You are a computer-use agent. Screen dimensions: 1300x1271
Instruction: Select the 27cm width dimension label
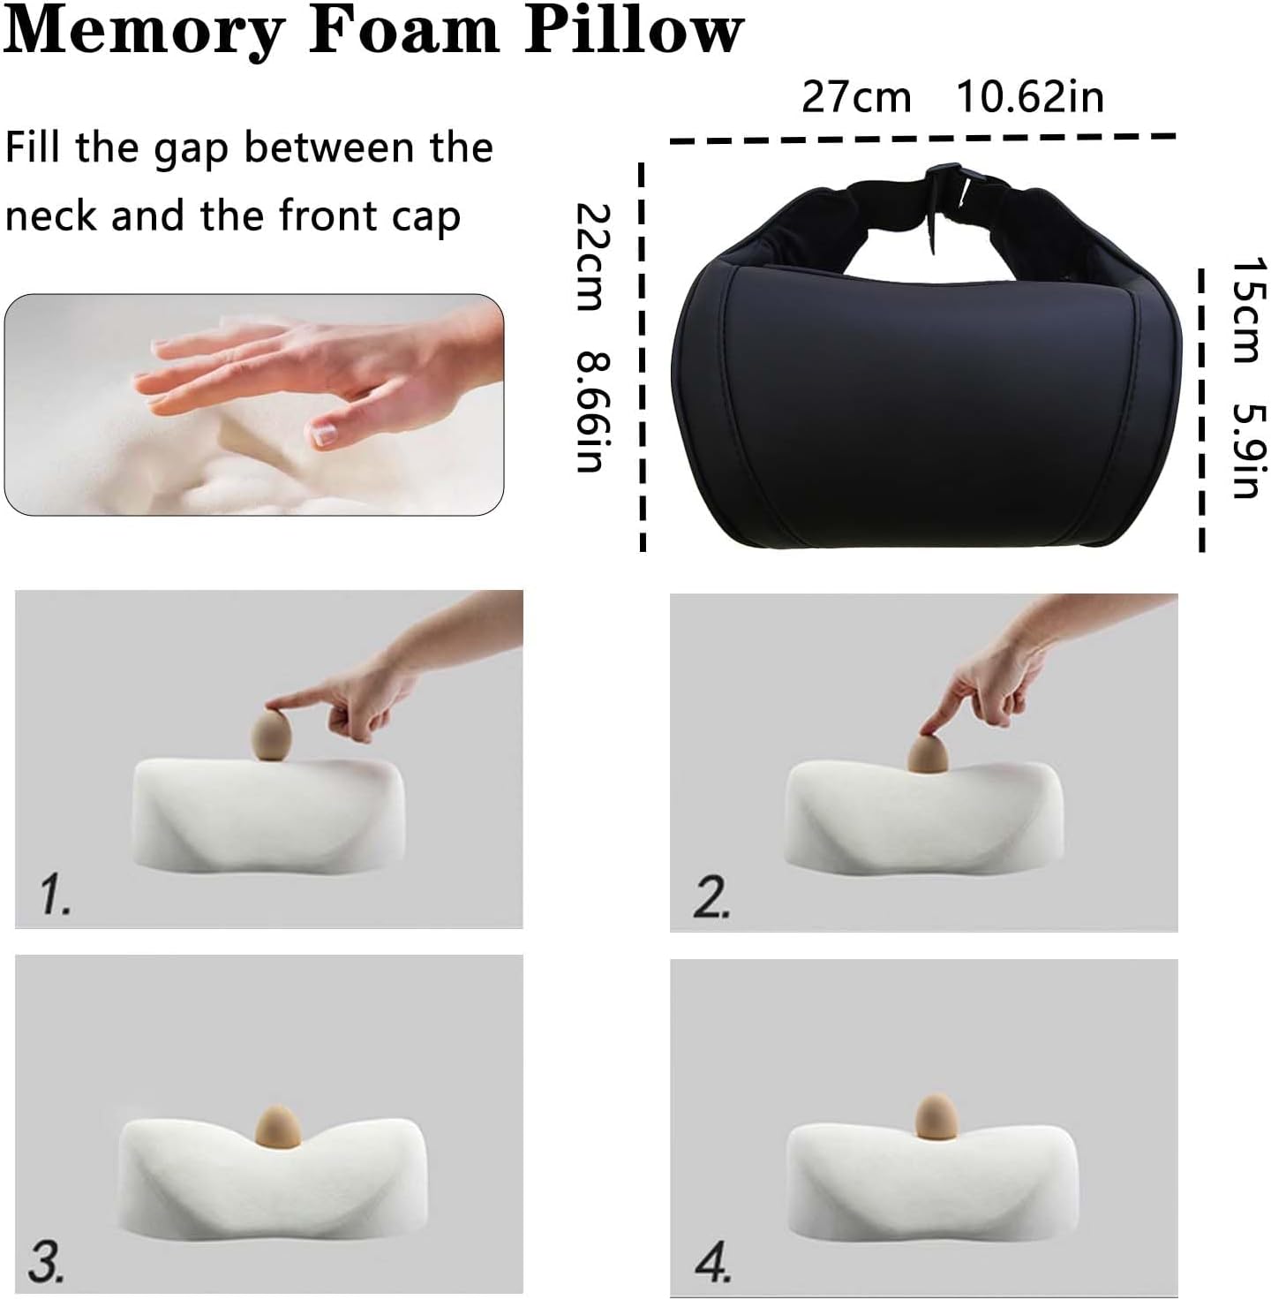pyautogui.click(x=855, y=96)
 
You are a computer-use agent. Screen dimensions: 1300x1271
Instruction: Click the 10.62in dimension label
pyautogui.click(x=1030, y=96)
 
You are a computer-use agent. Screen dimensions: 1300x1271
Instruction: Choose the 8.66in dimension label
pyautogui.click(x=590, y=412)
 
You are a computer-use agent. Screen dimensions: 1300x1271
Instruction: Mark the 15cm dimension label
pyautogui.click(x=1247, y=309)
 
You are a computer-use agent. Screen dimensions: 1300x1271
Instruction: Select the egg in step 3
pyautogui.click(x=277, y=1125)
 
